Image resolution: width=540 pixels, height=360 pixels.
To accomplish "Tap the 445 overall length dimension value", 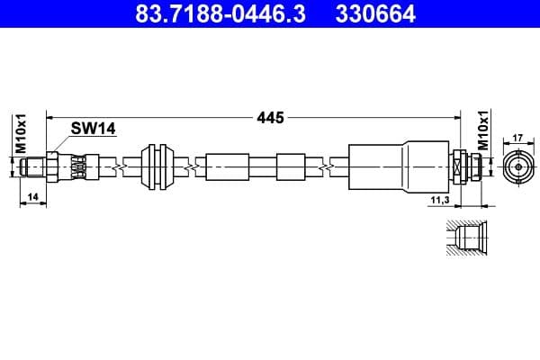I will click(x=270, y=117).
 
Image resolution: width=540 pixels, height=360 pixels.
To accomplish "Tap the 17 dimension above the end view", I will click(x=517, y=138).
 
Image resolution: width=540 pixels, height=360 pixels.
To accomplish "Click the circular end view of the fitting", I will click(x=517, y=167).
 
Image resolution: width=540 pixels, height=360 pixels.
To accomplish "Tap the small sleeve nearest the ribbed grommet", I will click(x=227, y=167).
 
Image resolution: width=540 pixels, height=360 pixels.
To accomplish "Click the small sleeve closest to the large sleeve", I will click(x=292, y=167).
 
